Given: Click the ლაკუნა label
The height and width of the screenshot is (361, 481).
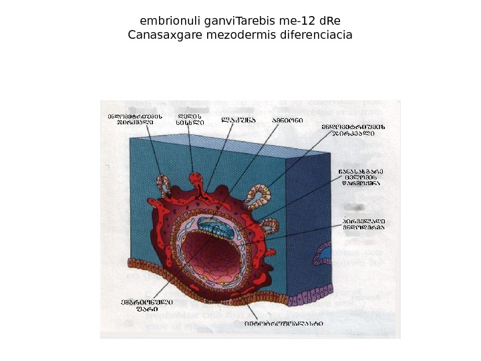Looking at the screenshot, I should (238, 121).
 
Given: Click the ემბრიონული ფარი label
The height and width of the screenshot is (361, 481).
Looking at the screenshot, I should (142, 305).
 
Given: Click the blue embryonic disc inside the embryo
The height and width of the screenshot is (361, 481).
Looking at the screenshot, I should (218, 229).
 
